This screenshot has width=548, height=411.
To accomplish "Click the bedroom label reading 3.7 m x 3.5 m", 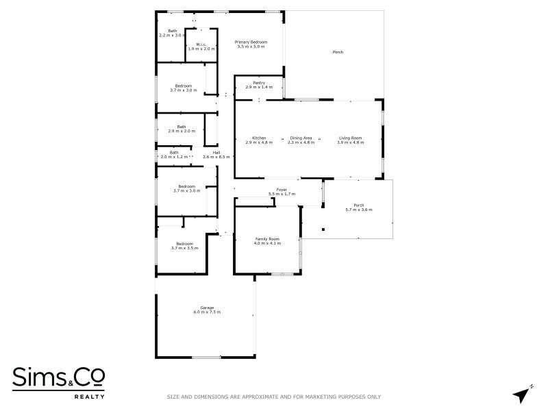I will pos(184,245).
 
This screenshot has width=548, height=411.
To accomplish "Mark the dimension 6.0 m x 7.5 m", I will pos(207,312).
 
